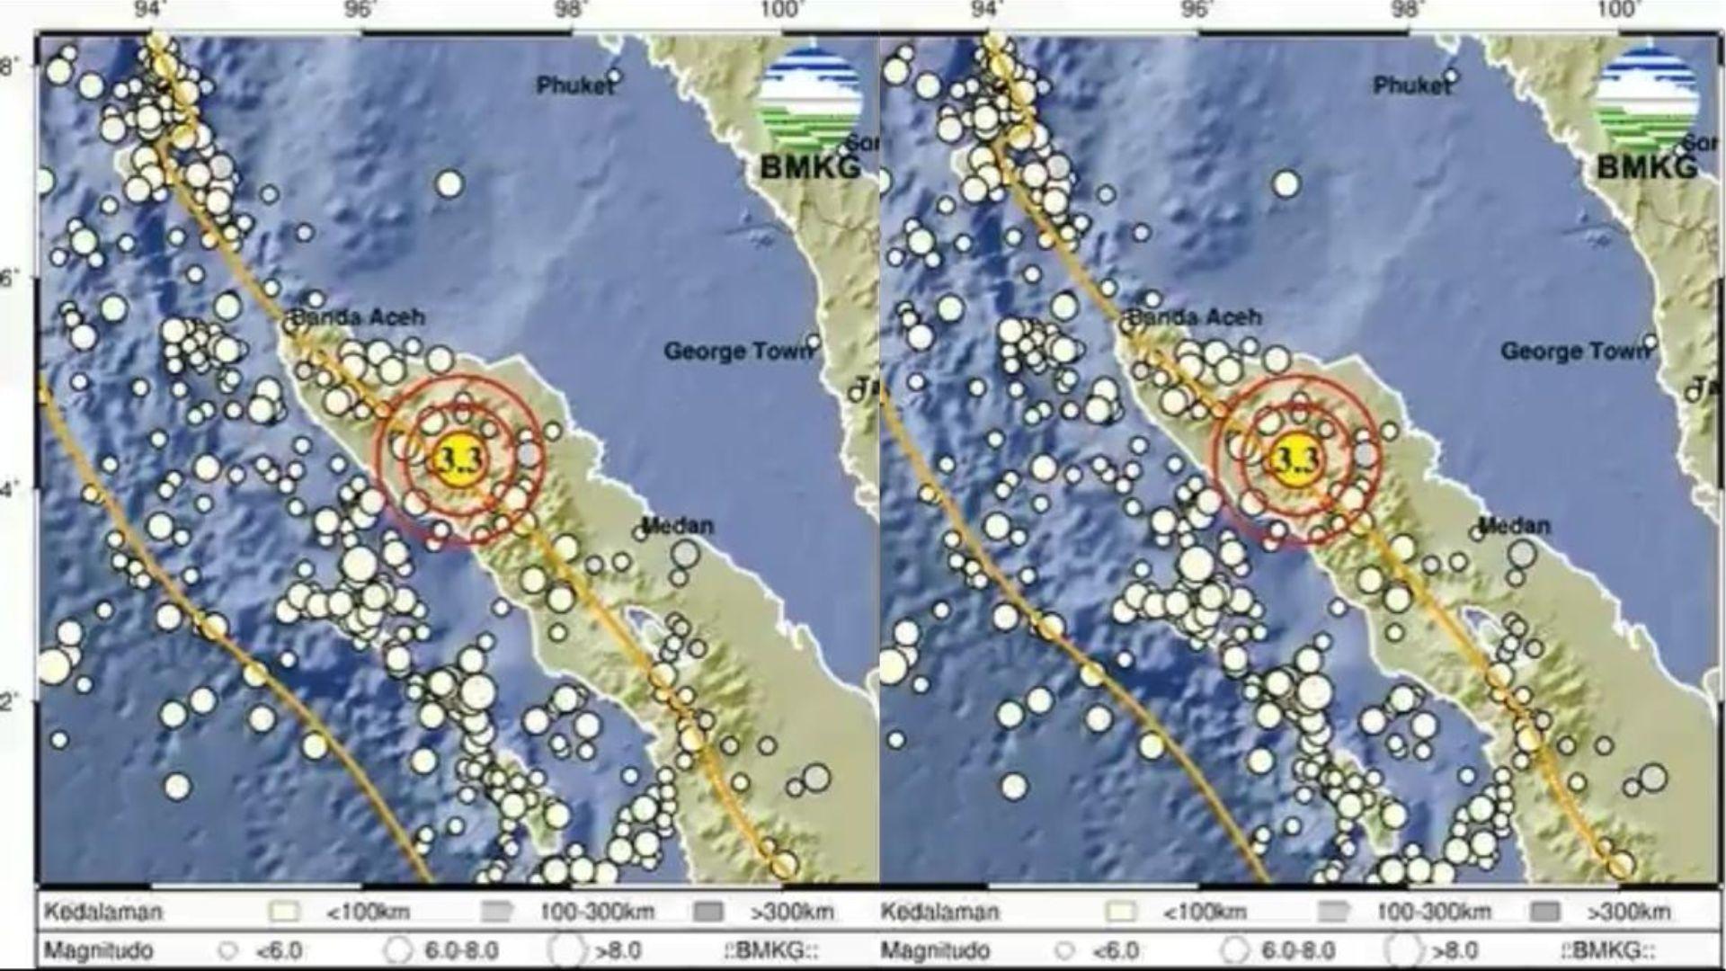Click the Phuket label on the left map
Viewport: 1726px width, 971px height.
click(575, 85)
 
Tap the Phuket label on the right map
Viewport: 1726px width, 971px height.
click(1411, 85)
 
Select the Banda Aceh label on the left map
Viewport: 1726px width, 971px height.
click(358, 317)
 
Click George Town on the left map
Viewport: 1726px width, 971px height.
click(736, 352)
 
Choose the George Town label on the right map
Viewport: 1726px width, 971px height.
click(1574, 352)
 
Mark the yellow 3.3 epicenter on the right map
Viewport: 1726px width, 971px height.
click(1294, 460)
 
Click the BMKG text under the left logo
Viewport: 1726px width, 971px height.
click(810, 167)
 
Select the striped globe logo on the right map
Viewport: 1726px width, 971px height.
click(1647, 97)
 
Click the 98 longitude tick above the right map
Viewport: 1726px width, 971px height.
click(1407, 10)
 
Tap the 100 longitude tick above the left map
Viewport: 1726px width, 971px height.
click(779, 10)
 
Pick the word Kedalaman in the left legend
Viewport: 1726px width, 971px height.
click(103, 913)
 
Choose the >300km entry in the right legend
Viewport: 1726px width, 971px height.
click(1627, 913)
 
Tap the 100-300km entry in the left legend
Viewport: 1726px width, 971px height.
click(597, 913)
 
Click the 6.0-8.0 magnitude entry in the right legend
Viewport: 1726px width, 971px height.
click(1298, 950)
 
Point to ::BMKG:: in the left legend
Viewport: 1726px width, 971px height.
click(770, 950)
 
